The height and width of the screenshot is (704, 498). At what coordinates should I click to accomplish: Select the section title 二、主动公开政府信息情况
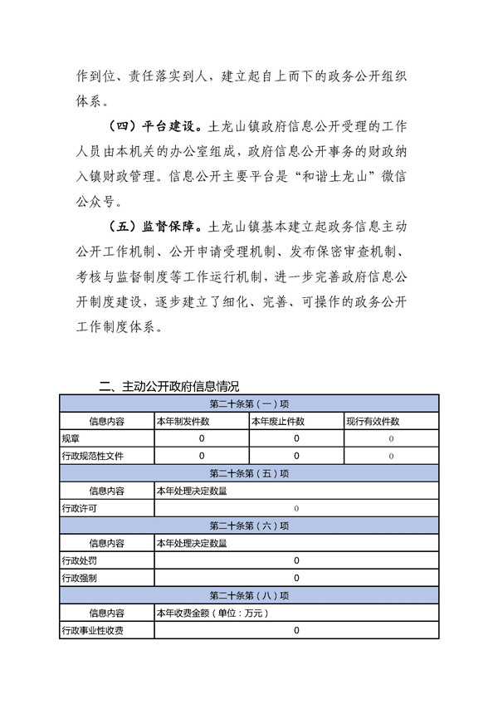click(x=168, y=386)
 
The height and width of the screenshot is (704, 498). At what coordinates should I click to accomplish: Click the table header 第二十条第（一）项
click(x=249, y=403)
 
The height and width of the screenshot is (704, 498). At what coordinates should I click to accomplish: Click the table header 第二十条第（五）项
click(x=249, y=473)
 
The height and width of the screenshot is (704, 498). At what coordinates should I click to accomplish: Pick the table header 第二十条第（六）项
click(x=249, y=526)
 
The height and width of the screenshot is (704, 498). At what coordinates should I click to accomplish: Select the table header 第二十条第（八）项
click(x=249, y=595)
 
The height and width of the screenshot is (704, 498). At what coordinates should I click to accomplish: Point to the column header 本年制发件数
click(x=183, y=421)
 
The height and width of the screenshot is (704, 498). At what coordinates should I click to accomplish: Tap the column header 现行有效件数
click(x=373, y=421)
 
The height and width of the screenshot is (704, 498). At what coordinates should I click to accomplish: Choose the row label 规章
click(x=71, y=438)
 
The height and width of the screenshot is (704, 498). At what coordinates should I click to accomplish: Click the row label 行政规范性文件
click(x=90, y=456)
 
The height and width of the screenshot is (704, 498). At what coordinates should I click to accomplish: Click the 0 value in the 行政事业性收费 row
click(x=296, y=631)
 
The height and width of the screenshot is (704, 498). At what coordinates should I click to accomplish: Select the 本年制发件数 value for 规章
click(x=201, y=438)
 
